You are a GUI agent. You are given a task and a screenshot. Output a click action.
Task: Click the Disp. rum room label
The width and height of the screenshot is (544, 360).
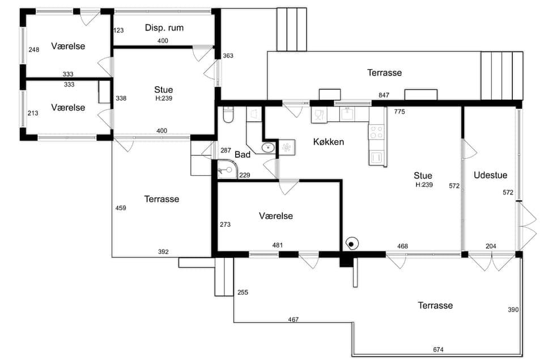tap(164, 28)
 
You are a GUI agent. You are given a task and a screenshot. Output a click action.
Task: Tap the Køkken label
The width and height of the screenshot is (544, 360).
tap(329, 142)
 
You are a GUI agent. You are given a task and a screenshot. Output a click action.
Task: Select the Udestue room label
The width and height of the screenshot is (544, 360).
tap(490, 175)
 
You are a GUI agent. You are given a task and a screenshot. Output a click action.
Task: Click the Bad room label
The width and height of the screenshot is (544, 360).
tap(243, 154)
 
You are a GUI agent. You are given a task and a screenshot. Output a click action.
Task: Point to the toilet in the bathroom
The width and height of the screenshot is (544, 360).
tap(228, 115)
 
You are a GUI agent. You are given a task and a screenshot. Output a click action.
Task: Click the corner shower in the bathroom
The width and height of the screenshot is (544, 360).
tap(227, 170)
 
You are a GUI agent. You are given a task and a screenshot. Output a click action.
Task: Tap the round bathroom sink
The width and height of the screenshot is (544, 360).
tap(268, 148)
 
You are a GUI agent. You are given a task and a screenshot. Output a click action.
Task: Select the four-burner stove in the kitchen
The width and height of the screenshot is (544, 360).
tap(376, 132)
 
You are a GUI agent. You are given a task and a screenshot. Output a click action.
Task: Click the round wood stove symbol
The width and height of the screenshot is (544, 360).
tap(351, 244)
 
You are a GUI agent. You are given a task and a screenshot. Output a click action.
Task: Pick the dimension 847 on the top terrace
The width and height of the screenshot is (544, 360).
tap(384, 95)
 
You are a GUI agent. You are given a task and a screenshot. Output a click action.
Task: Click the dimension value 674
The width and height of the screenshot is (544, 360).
tap(438, 349)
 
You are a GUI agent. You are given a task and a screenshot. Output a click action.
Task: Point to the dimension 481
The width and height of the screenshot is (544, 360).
tap(277, 245)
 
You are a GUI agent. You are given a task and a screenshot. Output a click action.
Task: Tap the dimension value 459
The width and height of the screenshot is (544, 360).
tap(121, 208)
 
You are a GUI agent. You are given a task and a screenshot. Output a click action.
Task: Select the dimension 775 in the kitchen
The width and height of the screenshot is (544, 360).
tap(399, 112)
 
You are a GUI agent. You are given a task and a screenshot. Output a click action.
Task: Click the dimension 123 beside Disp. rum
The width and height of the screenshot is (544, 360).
tap(118, 30)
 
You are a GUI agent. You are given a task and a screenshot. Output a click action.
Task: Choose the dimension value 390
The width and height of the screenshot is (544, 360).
tap(513, 310)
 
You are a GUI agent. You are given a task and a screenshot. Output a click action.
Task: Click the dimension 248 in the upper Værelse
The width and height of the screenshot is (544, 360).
tap(33, 50)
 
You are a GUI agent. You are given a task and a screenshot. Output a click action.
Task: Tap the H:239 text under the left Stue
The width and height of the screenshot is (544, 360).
tap(164, 98)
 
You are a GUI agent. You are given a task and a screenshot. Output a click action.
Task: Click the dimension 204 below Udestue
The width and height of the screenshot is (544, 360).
tap(491, 246)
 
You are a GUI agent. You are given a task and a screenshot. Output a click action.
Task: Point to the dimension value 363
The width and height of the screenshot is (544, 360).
tap(228, 56)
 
